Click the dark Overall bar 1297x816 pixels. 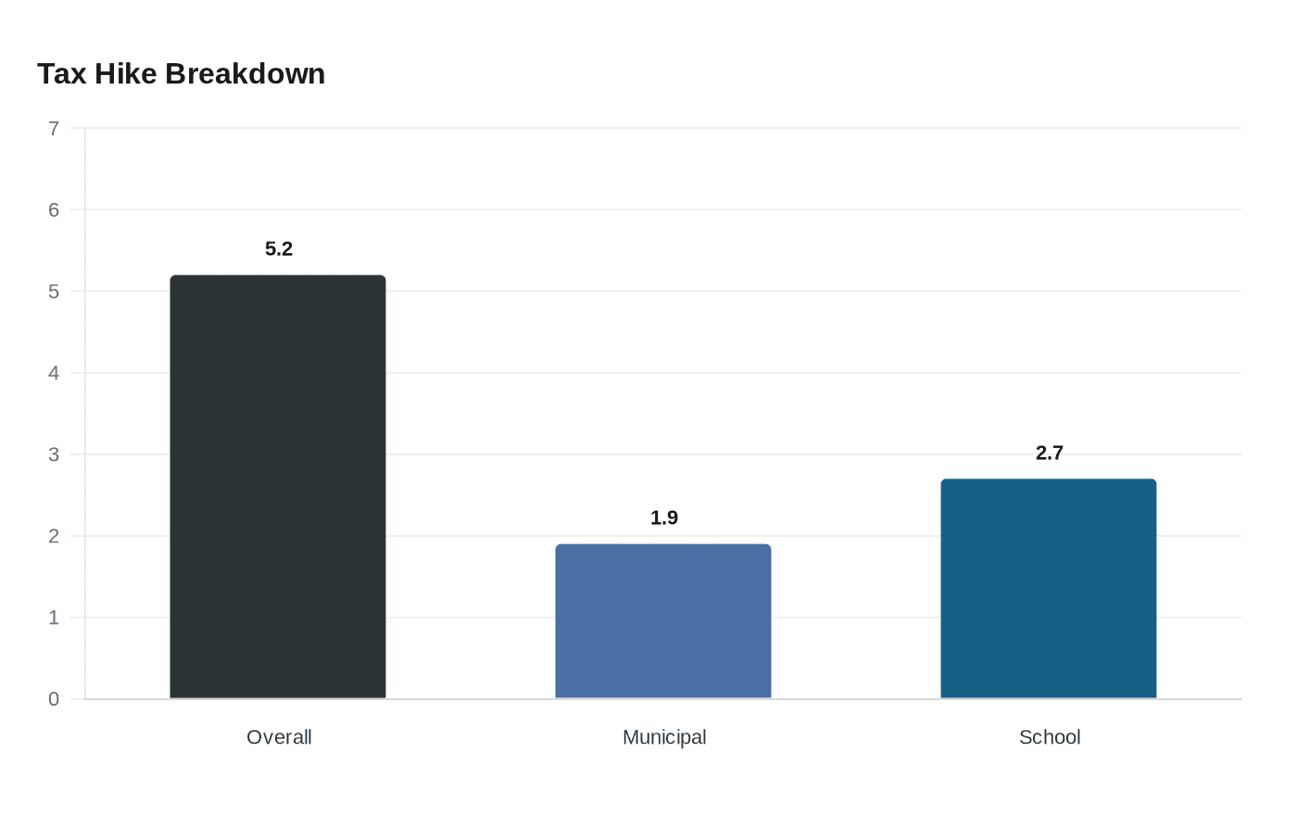[x=278, y=487]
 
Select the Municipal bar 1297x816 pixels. [x=663, y=621]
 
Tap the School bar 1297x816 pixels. [x=1049, y=589]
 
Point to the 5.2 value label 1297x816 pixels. [x=279, y=249]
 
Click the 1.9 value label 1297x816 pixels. [x=664, y=517]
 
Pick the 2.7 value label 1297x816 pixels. [x=1049, y=453]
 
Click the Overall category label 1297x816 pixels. [x=279, y=737]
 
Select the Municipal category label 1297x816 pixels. [x=664, y=738]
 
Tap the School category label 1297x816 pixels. [x=1050, y=737]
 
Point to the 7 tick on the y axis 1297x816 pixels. [x=54, y=129]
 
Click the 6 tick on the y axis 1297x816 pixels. [x=54, y=210]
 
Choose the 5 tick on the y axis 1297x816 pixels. [x=54, y=291]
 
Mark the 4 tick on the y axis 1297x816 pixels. [x=54, y=373]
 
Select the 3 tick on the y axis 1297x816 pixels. [x=54, y=455]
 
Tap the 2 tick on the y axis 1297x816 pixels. [x=54, y=536]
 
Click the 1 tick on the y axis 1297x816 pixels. [x=54, y=618]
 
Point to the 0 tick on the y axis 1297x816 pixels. [x=54, y=699]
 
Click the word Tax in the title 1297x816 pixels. [x=61, y=74]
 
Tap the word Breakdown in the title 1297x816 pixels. [x=246, y=74]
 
